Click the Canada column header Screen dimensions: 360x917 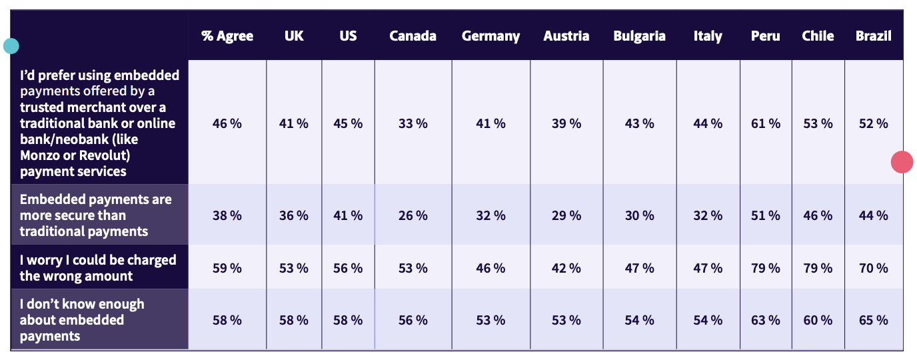[413, 36]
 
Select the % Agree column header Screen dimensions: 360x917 [227, 36]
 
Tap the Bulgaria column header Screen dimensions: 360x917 [639, 36]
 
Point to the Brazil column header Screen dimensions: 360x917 [873, 36]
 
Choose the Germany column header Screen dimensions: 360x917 [490, 36]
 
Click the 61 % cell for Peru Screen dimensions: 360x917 [765, 123]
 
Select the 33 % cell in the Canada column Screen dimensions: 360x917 [413, 123]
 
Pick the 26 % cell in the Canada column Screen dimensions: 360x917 [413, 215]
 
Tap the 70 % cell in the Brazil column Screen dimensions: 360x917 [873, 268]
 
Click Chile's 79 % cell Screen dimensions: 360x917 [818, 268]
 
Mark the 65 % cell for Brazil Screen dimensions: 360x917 [873, 320]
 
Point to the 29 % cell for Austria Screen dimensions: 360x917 [566, 215]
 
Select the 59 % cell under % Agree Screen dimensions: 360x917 [227, 268]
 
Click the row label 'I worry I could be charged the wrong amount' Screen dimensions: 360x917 [98, 268]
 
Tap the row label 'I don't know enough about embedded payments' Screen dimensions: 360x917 [82, 320]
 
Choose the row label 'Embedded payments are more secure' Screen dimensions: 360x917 [95, 215]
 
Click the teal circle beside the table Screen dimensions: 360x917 [11, 46]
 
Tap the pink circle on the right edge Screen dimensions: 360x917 [902, 162]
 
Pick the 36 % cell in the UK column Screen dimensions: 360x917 [293, 215]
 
